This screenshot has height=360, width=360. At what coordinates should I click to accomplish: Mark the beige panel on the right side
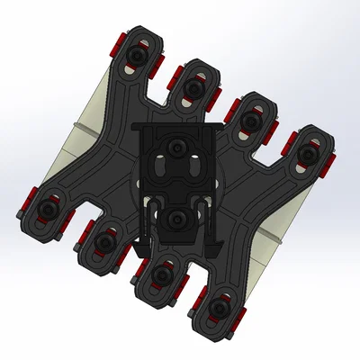click(x=270, y=243)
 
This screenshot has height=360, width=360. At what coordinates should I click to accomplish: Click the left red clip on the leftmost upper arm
click(x=116, y=46)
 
